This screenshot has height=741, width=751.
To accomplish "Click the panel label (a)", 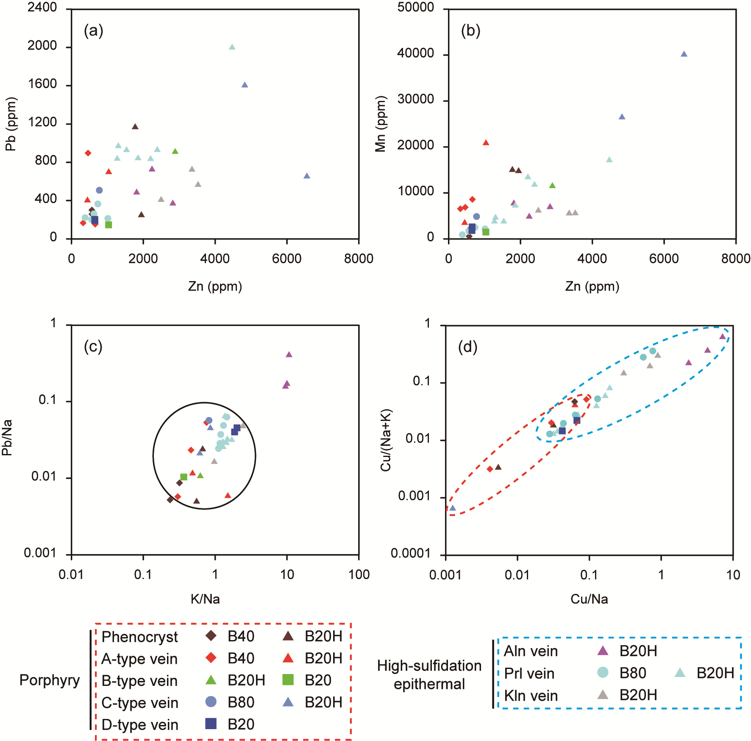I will click(x=93, y=31).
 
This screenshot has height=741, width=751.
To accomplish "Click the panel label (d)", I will click(x=467, y=347).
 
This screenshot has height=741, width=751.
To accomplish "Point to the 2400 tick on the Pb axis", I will click(x=42, y=7).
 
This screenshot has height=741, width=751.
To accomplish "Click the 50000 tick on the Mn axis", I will click(x=415, y=7).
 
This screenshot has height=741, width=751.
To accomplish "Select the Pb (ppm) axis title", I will click(x=11, y=124).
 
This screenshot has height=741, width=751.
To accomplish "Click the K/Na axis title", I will click(x=205, y=599).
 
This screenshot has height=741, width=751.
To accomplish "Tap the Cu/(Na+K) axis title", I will click(x=386, y=440).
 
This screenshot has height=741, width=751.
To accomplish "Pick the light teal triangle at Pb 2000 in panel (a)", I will click(x=232, y=47).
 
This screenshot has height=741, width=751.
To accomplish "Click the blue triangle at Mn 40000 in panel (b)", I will click(x=684, y=54).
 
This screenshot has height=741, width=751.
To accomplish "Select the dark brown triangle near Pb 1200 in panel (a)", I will click(x=135, y=126).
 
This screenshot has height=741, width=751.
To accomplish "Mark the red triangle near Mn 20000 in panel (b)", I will click(x=486, y=142).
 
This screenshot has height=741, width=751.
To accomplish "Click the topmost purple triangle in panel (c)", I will click(x=289, y=354).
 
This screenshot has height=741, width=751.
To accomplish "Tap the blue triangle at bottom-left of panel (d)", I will click(x=453, y=508).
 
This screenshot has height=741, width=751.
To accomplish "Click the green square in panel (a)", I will click(x=108, y=225).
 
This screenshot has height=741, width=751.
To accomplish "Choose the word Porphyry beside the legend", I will click(x=50, y=680).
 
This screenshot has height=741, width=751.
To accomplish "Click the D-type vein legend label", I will click(x=140, y=724).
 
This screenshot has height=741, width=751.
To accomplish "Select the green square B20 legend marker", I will click(x=288, y=680).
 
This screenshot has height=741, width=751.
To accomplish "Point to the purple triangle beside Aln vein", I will click(x=602, y=651).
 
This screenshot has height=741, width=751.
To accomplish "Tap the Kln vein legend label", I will click(x=531, y=695).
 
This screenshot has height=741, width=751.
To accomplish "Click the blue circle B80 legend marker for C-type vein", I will click(x=211, y=702).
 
